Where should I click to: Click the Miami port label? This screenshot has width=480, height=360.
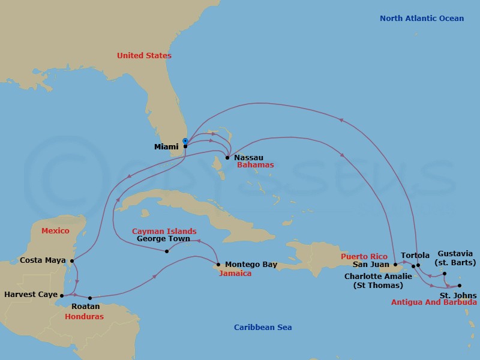(166, 146)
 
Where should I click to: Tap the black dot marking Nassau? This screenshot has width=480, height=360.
(227, 158)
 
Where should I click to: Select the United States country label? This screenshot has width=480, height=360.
(144, 56)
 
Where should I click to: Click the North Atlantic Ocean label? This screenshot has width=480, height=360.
(421, 19)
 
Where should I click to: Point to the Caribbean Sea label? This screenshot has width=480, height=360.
(263, 328)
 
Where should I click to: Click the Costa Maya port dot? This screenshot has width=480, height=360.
(72, 261)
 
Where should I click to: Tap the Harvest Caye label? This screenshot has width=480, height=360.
(30, 295)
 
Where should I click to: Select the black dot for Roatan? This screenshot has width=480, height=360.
(90, 298)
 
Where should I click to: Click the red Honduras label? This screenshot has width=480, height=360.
(84, 317)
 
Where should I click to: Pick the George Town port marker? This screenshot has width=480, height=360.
(167, 251)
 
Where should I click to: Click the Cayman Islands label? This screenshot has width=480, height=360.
(164, 231)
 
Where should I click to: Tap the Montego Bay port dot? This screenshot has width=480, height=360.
(218, 265)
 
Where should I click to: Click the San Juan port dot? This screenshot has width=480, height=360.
(395, 265)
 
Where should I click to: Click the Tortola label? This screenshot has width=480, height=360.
(415, 256)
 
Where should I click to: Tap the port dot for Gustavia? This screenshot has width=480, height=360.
(445, 274)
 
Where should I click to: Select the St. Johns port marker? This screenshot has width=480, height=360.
(460, 286)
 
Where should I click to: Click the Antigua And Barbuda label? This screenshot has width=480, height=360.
(434, 302)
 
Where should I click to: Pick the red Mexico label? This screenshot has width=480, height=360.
(55, 231)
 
